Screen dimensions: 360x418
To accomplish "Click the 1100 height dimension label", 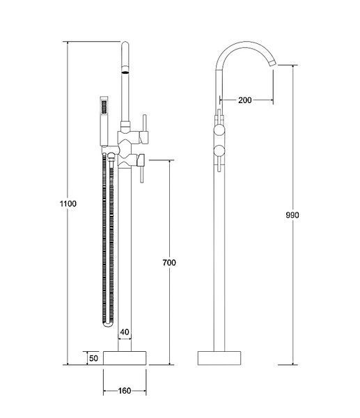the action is (x=68, y=203).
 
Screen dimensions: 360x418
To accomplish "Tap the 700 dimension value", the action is (x=169, y=263).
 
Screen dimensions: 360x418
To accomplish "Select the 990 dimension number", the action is (x=292, y=215).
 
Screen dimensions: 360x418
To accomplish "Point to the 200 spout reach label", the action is (x=245, y=100).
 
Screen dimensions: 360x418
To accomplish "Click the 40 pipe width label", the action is (x=125, y=332).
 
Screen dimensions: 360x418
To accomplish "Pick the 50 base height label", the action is (x=93, y=358).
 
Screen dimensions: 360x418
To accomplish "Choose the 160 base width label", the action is (x=125, y=391).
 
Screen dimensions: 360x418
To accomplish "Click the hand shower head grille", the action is (x=104, y=107).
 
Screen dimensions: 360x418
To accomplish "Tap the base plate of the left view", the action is (x=125, y=358).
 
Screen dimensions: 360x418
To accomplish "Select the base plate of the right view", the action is (x=219, y=358).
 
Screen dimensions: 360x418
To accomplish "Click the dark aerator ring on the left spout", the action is (x=125, y=72).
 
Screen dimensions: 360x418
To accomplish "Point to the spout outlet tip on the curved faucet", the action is (x=274, y=63).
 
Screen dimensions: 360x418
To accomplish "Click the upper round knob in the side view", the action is (x=220, y=130).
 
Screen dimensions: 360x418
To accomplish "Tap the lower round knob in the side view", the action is (x=220, y=150).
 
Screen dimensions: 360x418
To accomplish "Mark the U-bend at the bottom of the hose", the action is (x=108, y=324).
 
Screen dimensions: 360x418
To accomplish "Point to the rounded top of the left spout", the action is (x=125, y=45).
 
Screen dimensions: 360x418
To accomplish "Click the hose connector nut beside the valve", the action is (x=111, y=156).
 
